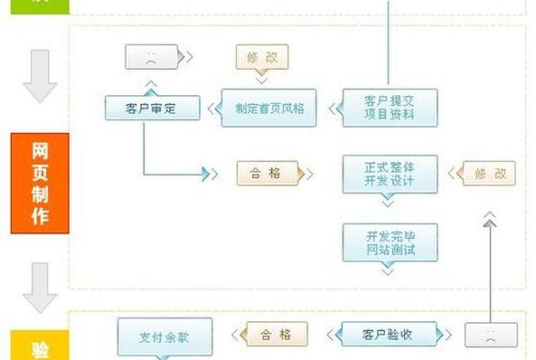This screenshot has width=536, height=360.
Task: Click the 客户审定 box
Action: (152, 108)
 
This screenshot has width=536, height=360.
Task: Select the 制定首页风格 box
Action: (269, 108)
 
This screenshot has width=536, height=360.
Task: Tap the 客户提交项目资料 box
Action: (390, 108)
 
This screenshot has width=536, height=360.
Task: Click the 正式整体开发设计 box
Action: (390, 174)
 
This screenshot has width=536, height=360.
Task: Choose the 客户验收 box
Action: (387, 334)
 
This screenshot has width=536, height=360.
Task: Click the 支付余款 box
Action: (153, 337)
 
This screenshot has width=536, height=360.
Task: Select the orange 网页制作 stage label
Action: (40, 183)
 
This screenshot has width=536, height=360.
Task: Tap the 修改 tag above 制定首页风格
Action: (262, 57)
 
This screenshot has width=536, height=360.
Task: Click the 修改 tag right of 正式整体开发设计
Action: (490, 174)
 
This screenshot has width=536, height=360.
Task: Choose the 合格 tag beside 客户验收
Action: (276, 334)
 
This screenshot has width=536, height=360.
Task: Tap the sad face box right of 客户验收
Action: (490, 335)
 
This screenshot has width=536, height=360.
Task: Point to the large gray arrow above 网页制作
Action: (40, 77)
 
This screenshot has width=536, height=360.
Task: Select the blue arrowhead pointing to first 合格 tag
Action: (206, 174)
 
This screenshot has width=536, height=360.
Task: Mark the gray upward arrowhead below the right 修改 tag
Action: (490, 221)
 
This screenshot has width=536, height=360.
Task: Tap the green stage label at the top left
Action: (40, 6)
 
